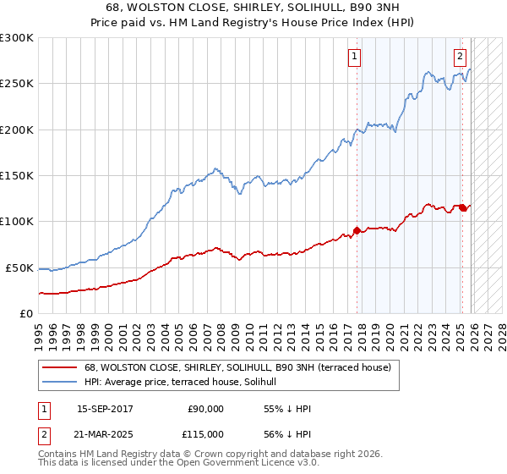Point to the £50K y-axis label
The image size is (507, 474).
(x=19, y=267)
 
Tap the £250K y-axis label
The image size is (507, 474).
(x=17, y=84)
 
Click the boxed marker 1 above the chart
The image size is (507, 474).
(x=353, y=57)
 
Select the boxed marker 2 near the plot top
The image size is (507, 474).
(x=460, y=57)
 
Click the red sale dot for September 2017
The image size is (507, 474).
(x=357, y=230)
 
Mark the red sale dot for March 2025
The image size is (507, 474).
(x=463, y=207)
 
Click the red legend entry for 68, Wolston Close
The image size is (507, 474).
(x=237, y=367)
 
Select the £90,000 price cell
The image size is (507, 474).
(x=205, y=409)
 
